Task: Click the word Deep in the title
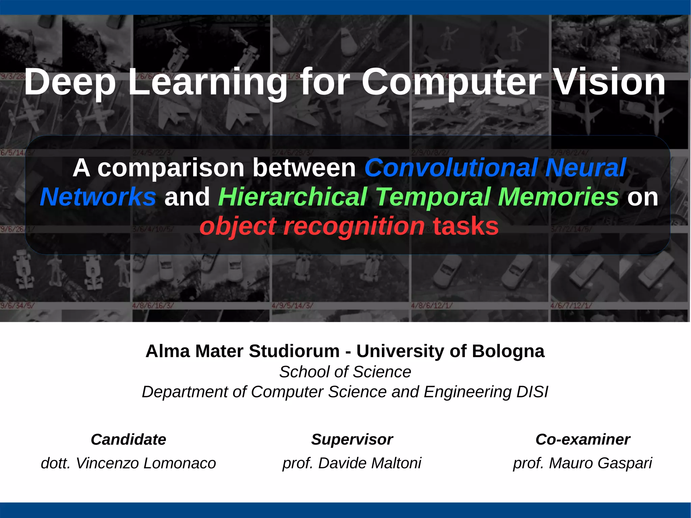[70, 82]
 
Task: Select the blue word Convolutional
[451, 168]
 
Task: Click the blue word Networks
[98, 197]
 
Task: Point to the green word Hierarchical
[293, 197]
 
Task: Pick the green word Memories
[558, 197]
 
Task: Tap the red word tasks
[466, 226]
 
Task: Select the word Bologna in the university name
[508, 351]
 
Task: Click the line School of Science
[345, 372]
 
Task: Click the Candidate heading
[128, 440]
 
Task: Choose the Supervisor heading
[352, 440]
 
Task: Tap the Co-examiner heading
[583, 440]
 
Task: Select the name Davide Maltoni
[369, 463]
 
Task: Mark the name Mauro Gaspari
[600, 463]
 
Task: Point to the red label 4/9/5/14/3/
[292, 306]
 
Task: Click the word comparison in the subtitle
[171, 168]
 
